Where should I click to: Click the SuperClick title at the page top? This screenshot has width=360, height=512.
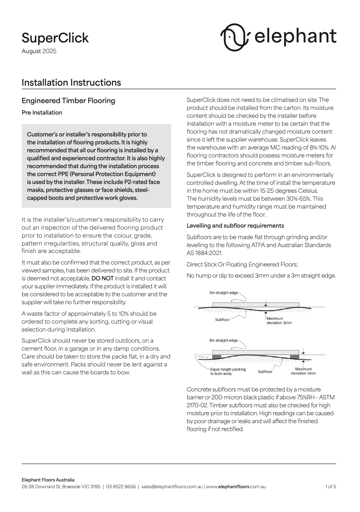[x=55, y=38]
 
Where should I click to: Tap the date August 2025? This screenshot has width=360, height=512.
[x=39, y=51]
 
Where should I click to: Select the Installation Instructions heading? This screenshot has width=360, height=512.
[x=71, y=82]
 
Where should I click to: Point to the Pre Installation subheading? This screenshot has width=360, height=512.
[x=42, y=113]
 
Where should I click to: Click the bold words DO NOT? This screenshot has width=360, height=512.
[x=103, y=278]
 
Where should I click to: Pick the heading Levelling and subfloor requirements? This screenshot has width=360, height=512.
[x=235, y=226]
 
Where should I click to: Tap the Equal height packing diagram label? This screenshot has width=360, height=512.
[x=228, y=369]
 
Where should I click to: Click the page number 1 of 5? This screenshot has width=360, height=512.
[x=330, y=487]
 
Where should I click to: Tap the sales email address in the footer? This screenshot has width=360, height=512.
[x=172, y=487]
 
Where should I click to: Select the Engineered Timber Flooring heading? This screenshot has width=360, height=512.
[x=68, y=101]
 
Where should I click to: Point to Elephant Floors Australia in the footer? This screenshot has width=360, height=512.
[x=48, y=480]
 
